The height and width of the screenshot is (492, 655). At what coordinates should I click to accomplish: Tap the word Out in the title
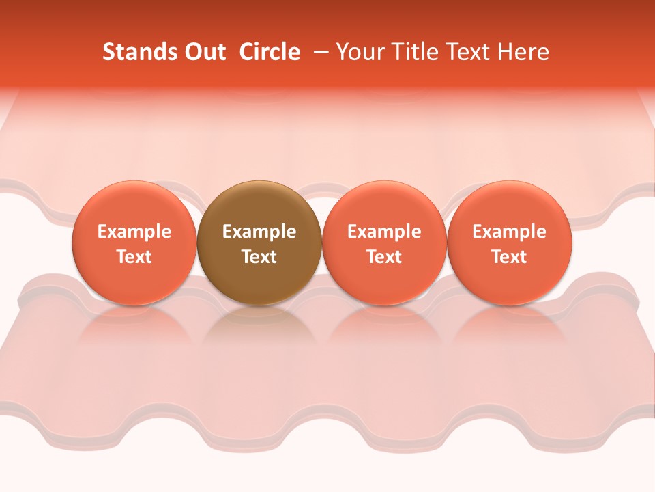pos(204,52)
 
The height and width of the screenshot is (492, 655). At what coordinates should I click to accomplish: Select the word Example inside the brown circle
pos(259,232)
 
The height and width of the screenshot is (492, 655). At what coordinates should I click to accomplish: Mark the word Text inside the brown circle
pos(259,257)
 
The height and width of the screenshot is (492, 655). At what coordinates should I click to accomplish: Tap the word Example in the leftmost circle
pos(134,232)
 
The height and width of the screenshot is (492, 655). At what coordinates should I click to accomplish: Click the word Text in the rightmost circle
pos(510,257)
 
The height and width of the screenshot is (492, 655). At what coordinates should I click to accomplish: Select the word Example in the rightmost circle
pos(510,232)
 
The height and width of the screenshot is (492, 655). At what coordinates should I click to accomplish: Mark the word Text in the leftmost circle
pos(134,257)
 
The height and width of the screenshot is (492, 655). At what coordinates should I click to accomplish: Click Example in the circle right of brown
pos(384,232)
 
